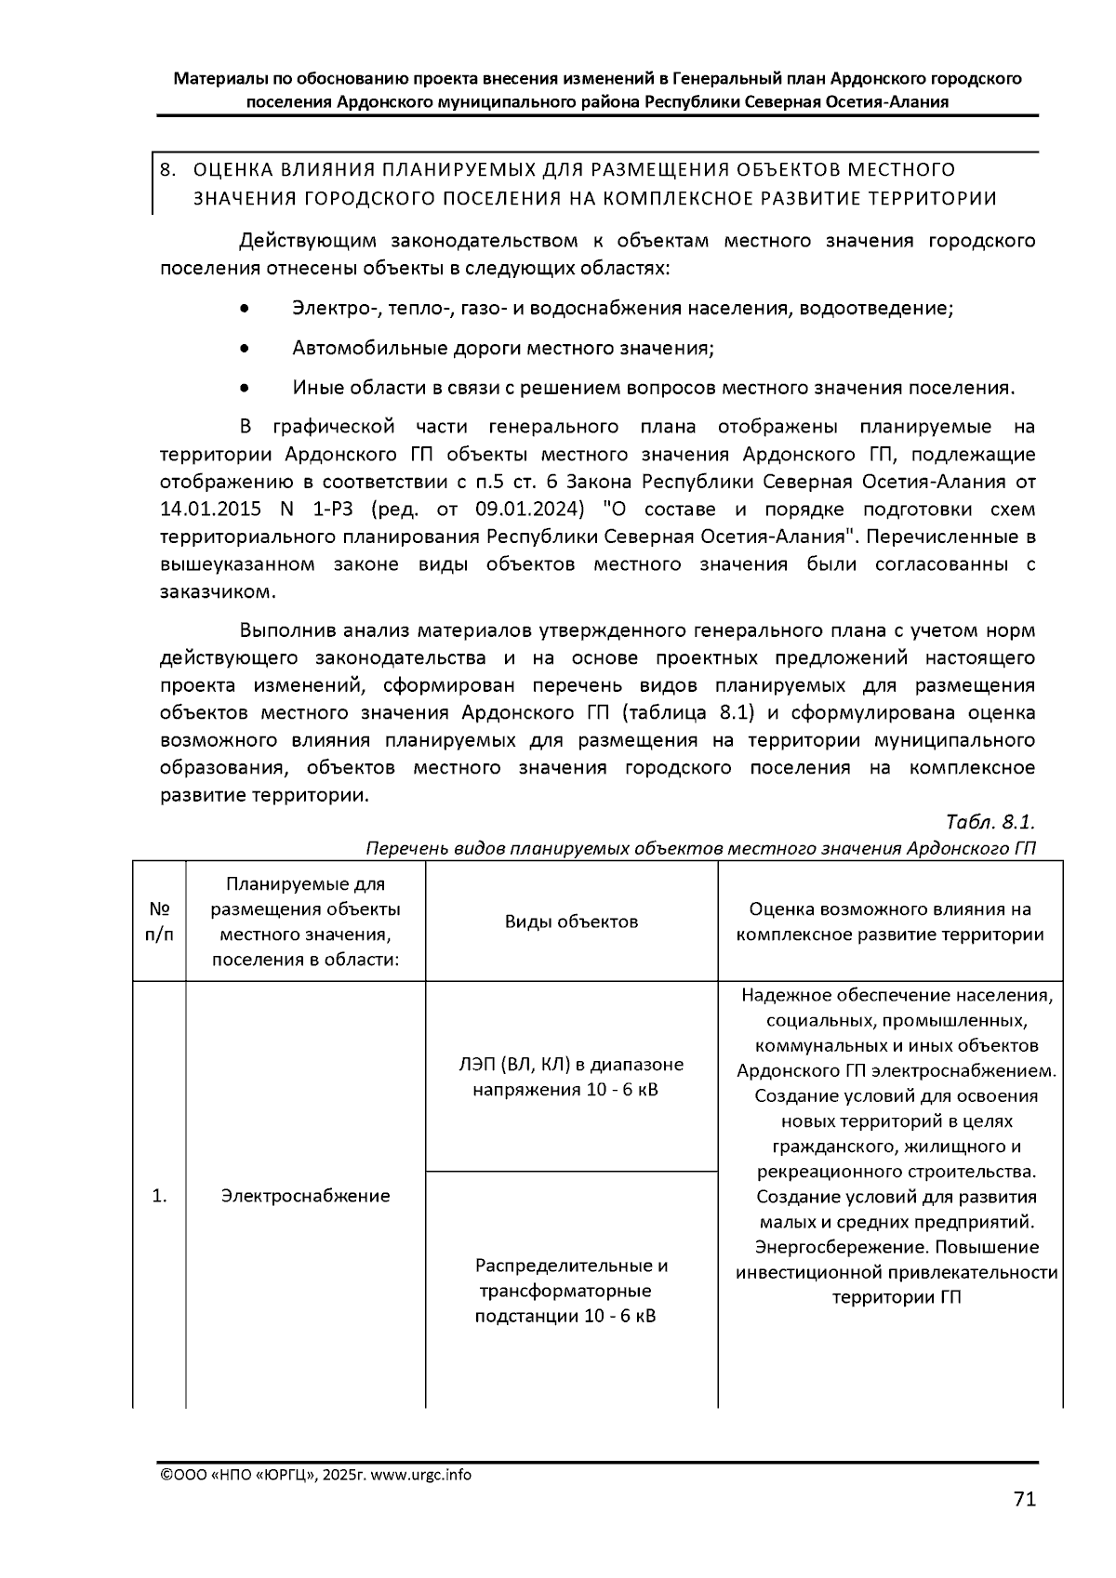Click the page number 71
[1024, 1499]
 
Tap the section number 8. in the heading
[168, 170]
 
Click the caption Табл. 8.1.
[990, 823]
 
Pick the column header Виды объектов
[571, 922]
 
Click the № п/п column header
[159, 922]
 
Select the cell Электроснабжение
[305, 1196]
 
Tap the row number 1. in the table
[159, 1196]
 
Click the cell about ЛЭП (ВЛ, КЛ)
[571, 1077]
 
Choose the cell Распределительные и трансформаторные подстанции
[571, 1291]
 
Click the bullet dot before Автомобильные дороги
[244, 349]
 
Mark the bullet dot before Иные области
[244, 389]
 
